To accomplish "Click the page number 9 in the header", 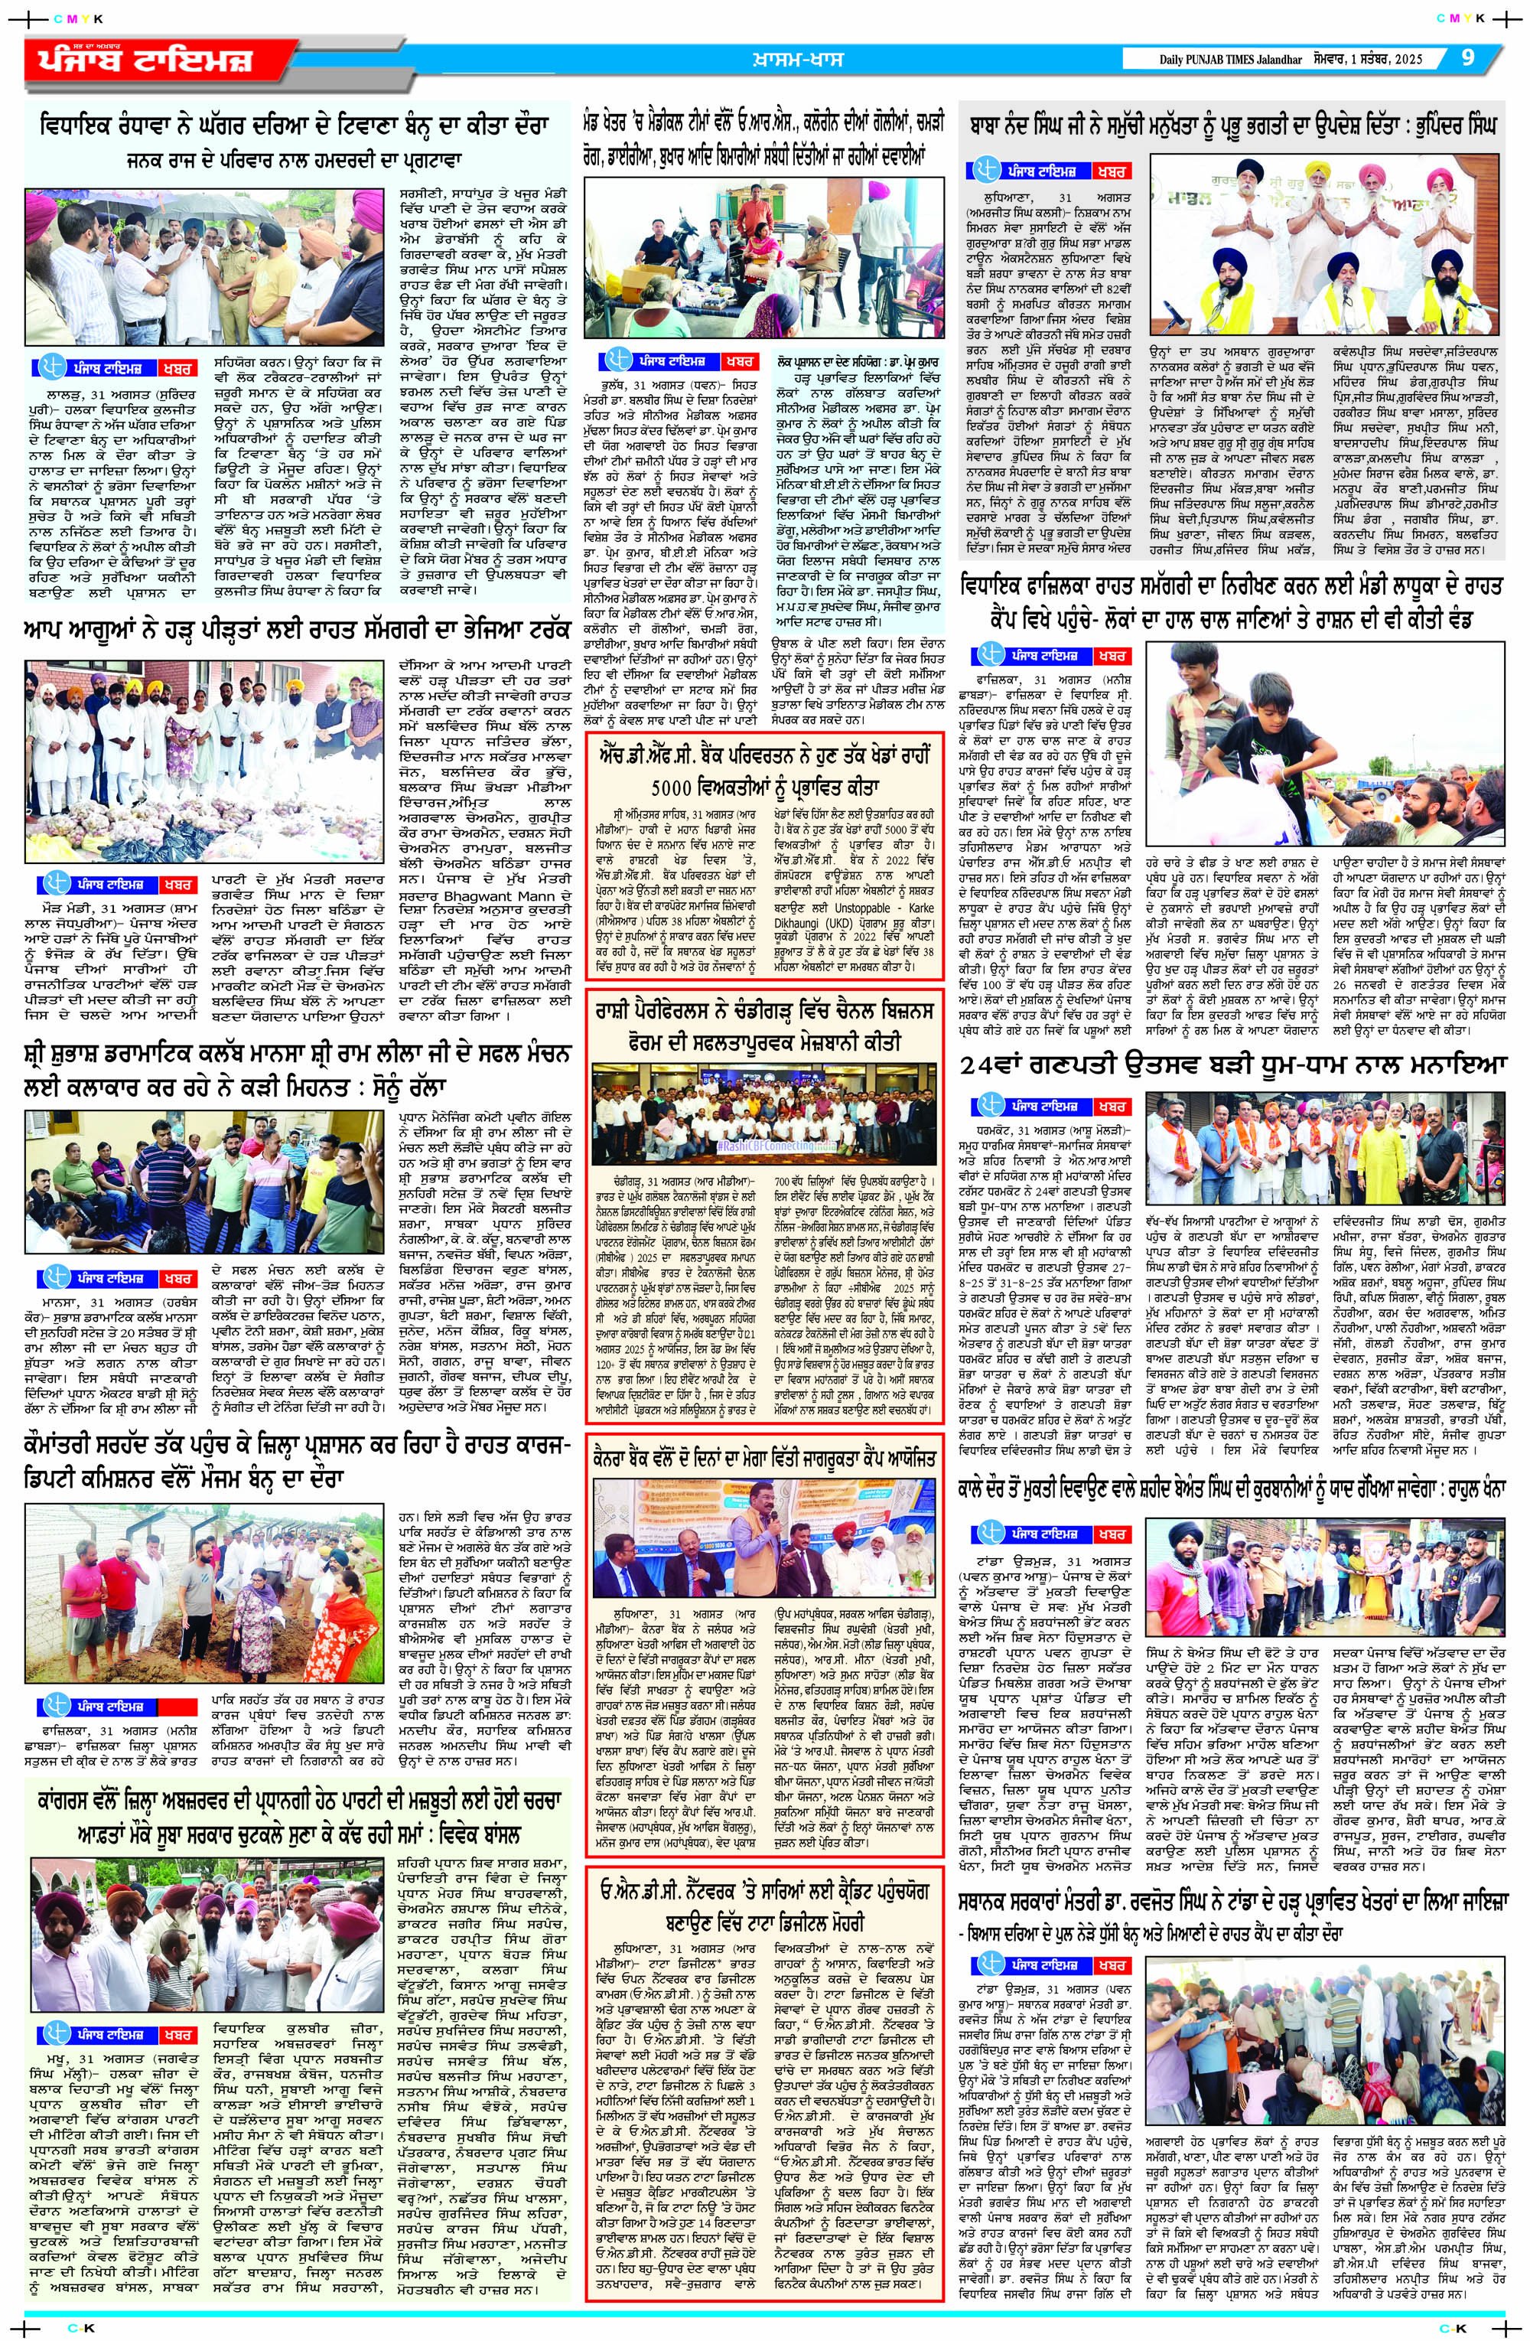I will [x=1467, y=58].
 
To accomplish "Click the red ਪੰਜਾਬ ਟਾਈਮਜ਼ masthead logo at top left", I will [x=138, y=61].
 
